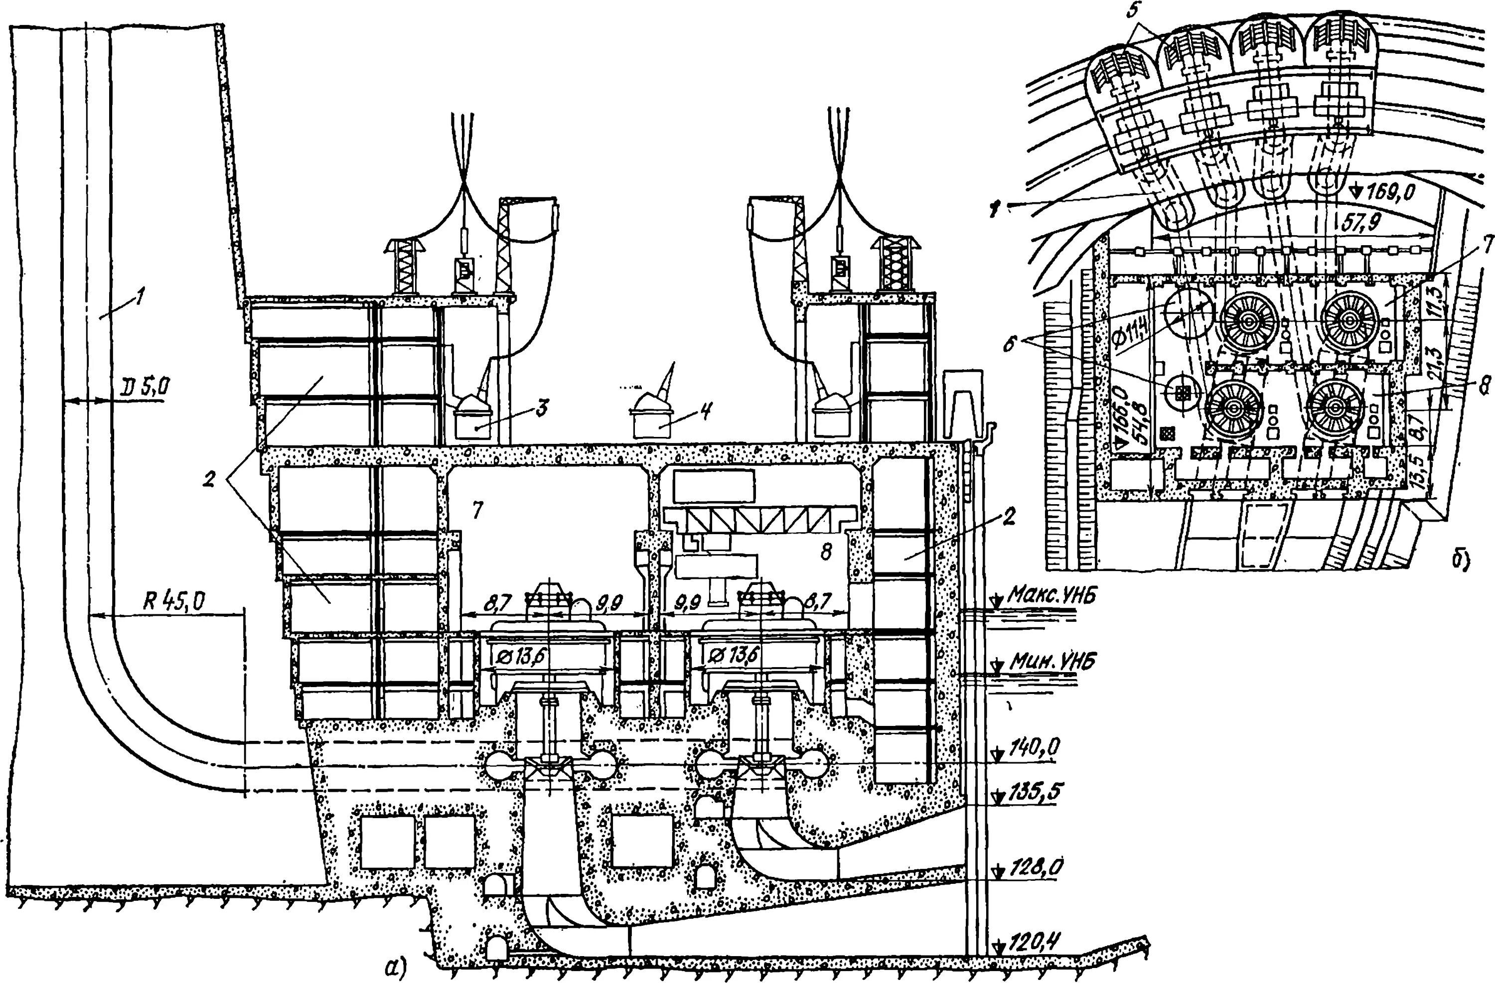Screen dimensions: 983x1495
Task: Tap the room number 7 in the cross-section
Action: (478, 511)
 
